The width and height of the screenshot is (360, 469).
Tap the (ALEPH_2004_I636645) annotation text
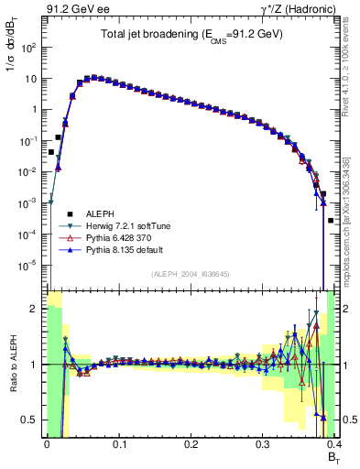pyautogui.click(x=190, y=273)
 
